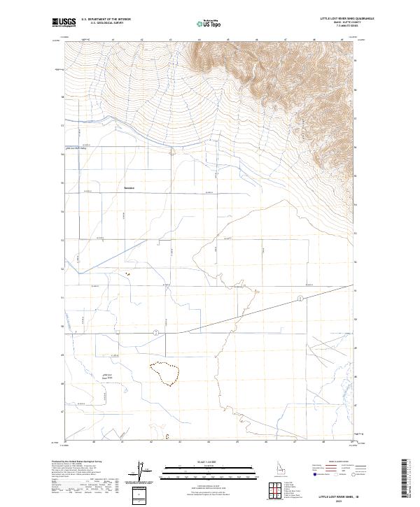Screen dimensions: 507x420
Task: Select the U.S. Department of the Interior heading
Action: [x=106, y=19]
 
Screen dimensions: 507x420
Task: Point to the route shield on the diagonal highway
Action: [x=300, y=299]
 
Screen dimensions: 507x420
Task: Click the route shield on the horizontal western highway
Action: [x=156, y=331]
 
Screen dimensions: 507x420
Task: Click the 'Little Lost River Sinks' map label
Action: [x=108, y=377]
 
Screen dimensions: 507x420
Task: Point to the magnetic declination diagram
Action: [x=139, y=471]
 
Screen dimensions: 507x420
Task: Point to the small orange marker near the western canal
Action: [x=127, y=274]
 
